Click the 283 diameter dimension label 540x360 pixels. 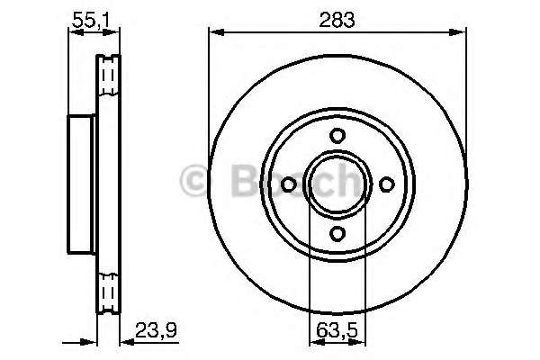(x=337, y=20)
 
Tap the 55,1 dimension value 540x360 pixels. (x=91, y=21)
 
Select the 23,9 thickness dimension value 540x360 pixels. (x=156, y=330)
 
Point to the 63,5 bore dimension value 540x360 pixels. (x=337, y=331)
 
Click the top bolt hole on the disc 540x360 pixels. (x=337, y=136)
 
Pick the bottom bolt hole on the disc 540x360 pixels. (x=337, y=234)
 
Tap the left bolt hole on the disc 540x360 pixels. (x=288, y=184)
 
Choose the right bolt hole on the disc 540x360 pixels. (x=386, y=184)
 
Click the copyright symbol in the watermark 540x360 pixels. (x=193, y=180)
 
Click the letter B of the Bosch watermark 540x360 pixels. (x=246, y=180)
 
